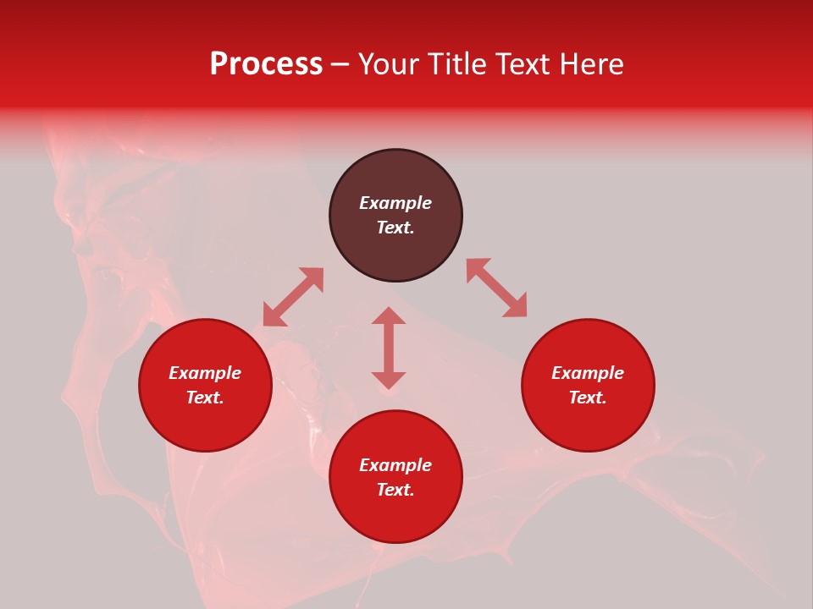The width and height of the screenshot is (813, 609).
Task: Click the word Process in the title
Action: click(266, 64)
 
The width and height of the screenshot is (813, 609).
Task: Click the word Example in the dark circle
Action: click(395, 203)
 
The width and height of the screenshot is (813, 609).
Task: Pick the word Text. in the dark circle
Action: click(395, 228)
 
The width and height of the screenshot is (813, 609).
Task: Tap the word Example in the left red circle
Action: click(205, 373)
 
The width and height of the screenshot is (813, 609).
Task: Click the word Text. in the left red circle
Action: click(205, 398)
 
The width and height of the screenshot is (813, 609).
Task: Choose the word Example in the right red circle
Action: click(588, 373)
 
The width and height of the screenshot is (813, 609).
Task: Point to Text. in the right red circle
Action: click(588, 398)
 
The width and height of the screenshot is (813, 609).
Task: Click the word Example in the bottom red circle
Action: click(395, 465)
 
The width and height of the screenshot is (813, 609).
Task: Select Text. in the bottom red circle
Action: click(395, 490)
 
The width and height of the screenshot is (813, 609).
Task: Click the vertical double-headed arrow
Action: click(389, 348)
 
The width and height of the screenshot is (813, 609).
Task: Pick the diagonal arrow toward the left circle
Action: click(293, 297)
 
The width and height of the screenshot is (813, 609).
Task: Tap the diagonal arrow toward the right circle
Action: click(496, 288)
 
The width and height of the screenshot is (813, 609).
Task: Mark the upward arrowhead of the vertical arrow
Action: click(389, 315)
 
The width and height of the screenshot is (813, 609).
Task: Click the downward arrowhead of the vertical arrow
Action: click(389, 381)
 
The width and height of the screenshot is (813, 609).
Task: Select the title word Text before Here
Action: click(524, 64)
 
